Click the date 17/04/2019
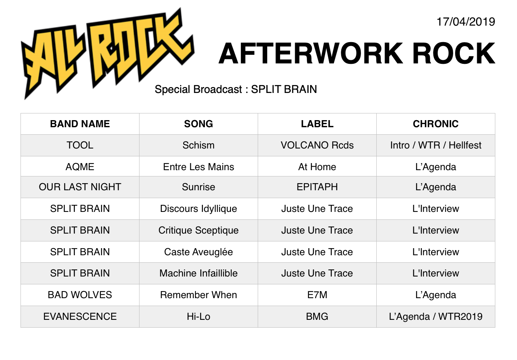(x=466, y=22)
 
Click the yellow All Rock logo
(x=108, y=54)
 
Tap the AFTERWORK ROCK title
(x=357, y=53)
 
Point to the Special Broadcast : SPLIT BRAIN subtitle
(x=236, y=89)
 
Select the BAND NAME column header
(x=80, y=124)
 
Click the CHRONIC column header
(x=435, y=124)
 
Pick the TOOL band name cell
(x=80, y=145)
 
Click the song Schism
(x=199, y=145)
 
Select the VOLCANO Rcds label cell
(x=317, y=145)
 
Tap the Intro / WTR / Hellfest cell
(x=436, y=145)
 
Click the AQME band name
(x=80, y=167)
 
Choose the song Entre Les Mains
(x=199, y=167)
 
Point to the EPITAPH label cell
(x=317, y=187)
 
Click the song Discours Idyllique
(x=199, y=209)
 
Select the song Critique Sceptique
(x=199, y=230)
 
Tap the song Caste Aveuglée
(x=199, y=252)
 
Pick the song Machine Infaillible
(x=199, y=273)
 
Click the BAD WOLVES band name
(x=80, y=295)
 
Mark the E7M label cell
(x=317, y=295)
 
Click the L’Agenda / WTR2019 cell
(x=436, y=317)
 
